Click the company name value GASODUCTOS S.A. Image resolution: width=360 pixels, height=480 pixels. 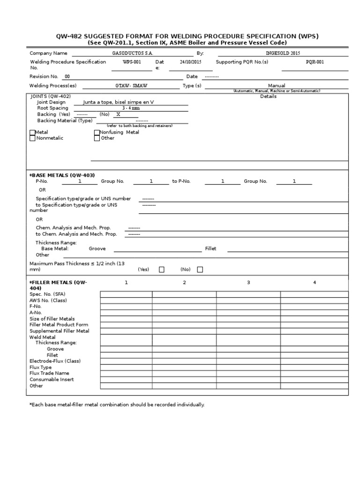tap(133, 53)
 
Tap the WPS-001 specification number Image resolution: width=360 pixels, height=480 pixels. tap(132, 62)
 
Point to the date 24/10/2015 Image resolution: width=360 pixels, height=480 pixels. tap(190, 62)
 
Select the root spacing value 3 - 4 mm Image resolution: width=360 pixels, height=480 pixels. tap(131, 108)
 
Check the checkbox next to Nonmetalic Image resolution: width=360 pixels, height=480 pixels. tap(32, 138)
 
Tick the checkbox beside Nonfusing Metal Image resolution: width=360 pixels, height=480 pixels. tap(97, 133)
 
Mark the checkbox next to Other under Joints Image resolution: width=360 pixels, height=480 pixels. tap(97, 138)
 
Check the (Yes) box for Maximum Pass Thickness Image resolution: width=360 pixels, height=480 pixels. tap(162, 270)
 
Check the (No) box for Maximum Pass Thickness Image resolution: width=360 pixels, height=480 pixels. tap(200, 270)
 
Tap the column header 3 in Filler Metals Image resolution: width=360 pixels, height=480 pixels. tap(248, 282)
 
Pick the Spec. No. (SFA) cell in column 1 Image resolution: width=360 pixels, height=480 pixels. tap(126, 294)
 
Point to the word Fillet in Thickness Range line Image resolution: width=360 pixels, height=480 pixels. tap(210, 249)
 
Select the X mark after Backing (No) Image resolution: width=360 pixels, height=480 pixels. tap(118, 114)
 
